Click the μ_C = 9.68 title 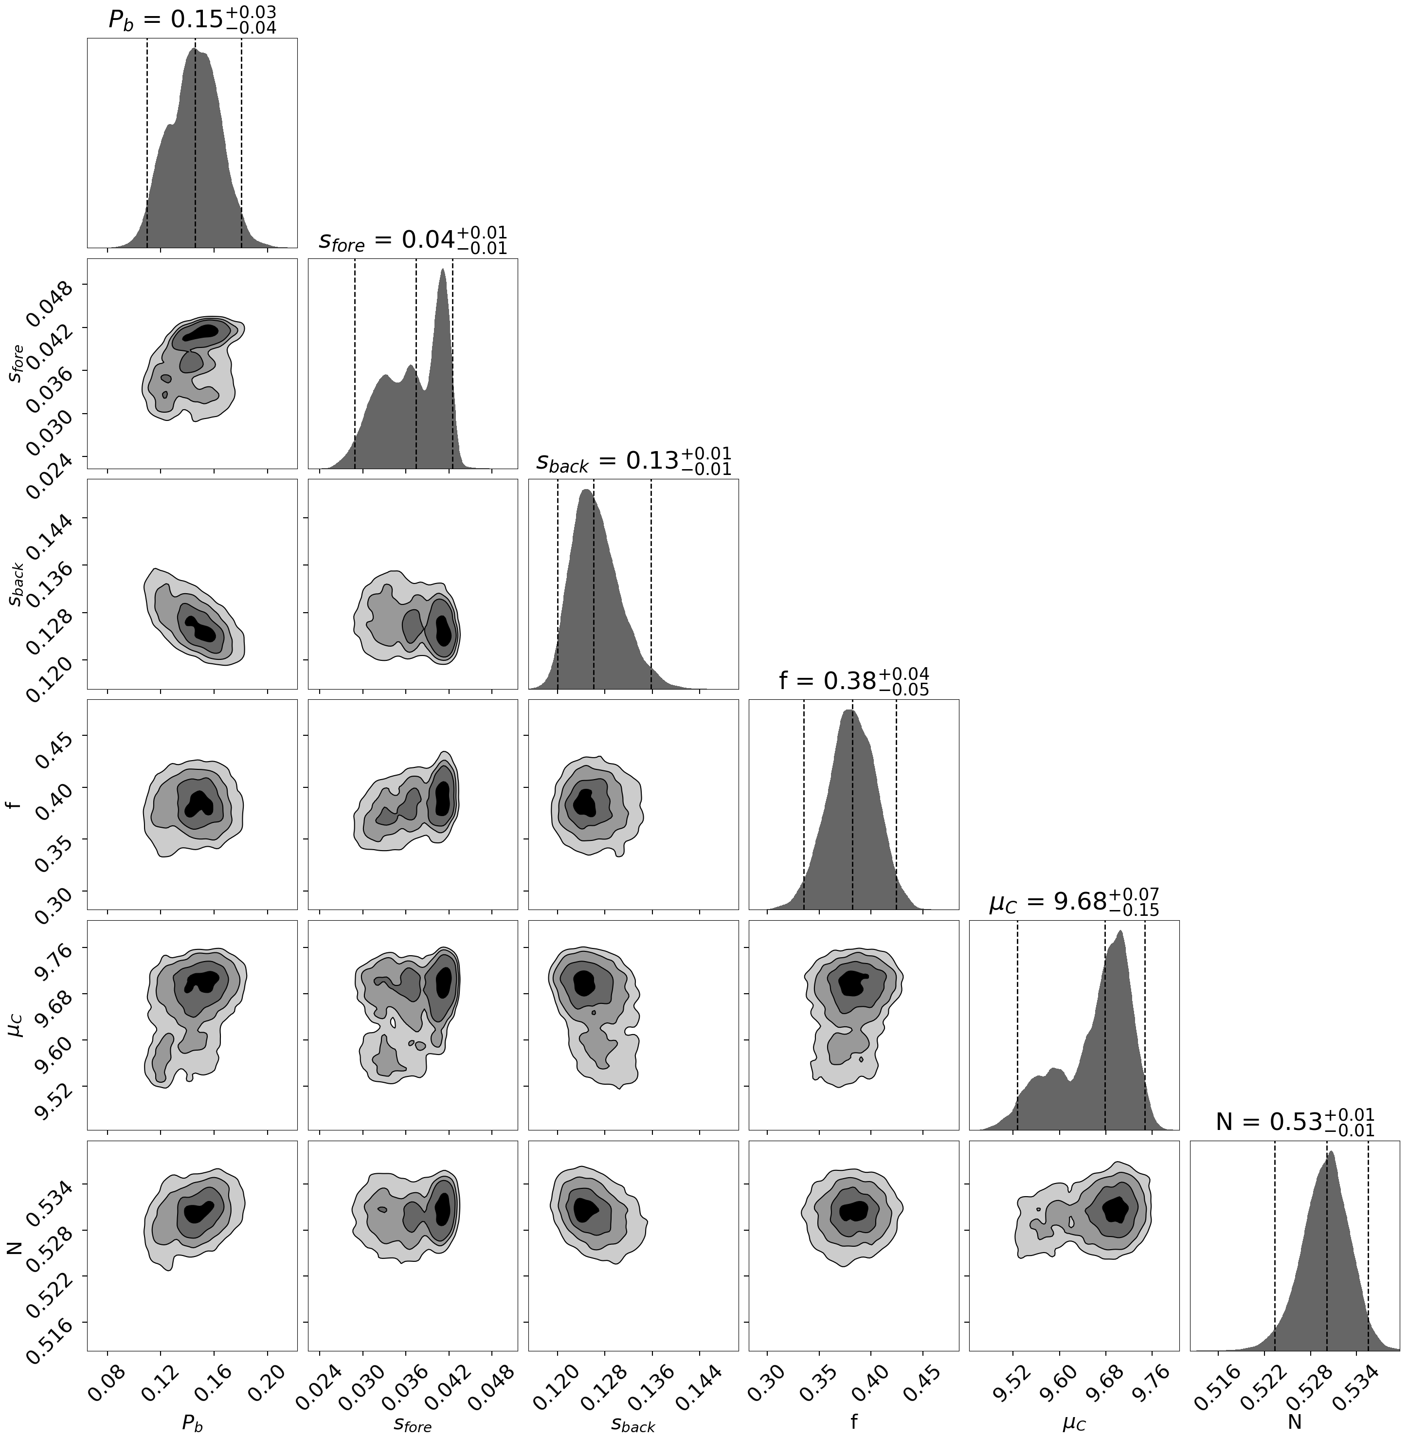[1074, 902]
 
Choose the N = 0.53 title [1295, 1122]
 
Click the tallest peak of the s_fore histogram [442, 271]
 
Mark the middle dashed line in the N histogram [1327, 1257]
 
